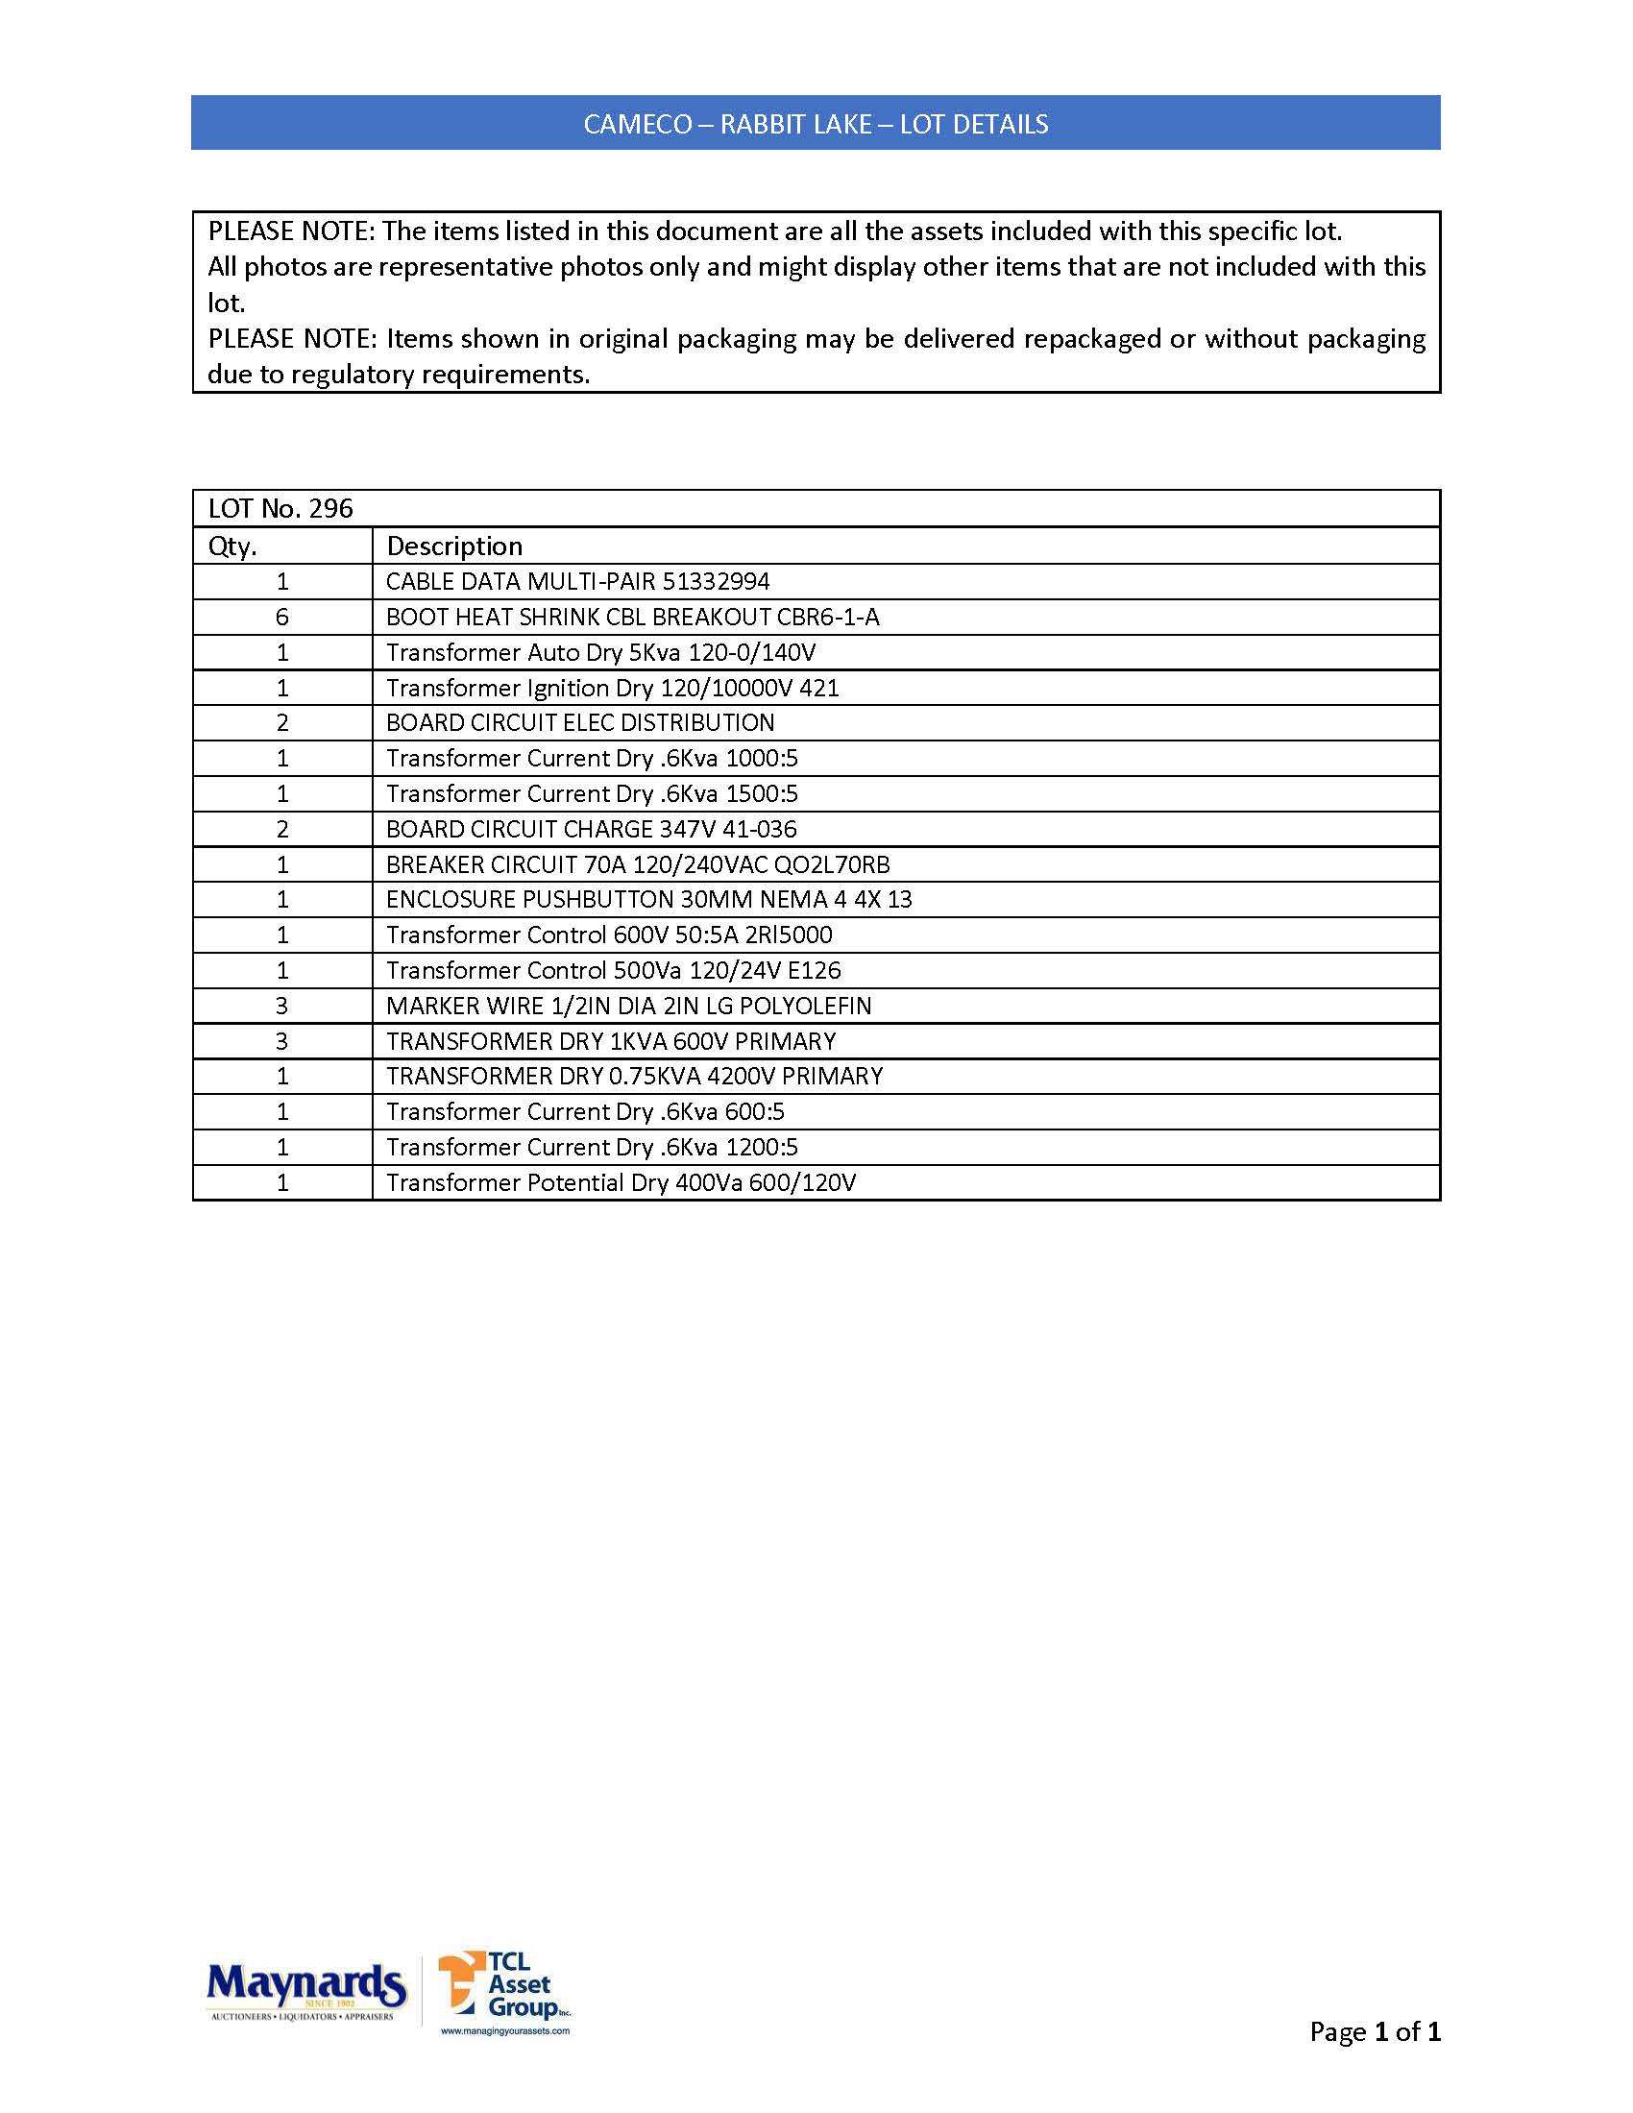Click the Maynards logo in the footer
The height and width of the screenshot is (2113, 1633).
(x=305, y=1989)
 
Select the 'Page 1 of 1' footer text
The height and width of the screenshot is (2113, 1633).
(x=1374, y=2030)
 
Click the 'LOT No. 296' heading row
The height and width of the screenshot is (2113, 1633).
(x=280, y=509)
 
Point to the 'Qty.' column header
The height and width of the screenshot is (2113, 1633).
(x=232, y=546)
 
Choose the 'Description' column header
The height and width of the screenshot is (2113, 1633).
(x=454, y=546)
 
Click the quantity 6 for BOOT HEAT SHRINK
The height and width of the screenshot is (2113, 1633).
(x=282, y=618)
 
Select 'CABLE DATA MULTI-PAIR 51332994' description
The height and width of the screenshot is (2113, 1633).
(x=577, y=581)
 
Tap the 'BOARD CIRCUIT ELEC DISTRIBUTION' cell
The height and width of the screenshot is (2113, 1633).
(x=580, y=722)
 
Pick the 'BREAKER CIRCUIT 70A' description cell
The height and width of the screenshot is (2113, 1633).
(x=638, y=864)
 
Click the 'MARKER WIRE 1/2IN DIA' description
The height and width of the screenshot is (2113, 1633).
(x=629, y=1007)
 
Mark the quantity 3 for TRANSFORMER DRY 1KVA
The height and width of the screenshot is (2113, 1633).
(x=282, y=1041)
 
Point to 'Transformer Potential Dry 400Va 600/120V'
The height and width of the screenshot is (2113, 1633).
(x=622, y=1182)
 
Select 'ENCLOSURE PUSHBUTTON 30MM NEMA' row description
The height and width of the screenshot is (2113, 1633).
(x=649, y=900)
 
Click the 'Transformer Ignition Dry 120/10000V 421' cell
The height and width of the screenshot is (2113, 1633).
(x=613, y=688)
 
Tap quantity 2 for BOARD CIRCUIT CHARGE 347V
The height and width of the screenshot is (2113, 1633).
(x=282, y=829)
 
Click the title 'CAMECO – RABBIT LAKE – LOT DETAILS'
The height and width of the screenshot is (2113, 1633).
(x=816, y=124)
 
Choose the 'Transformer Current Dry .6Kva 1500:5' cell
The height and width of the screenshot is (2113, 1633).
(x=592, y=793)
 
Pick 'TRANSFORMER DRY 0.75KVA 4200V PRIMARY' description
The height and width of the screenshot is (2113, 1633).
(x=635, y=1076)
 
